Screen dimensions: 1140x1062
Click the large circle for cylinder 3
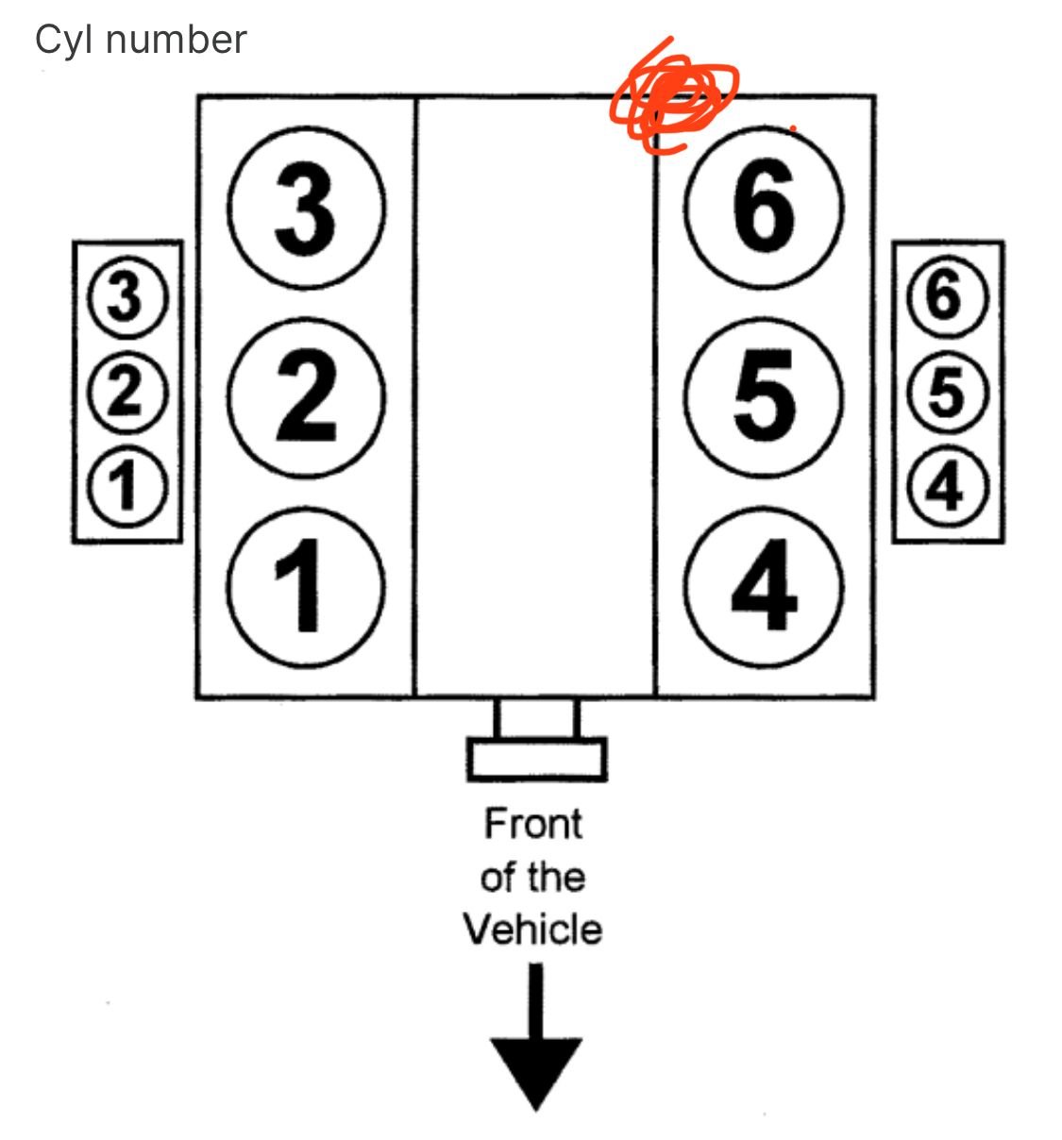coord(307,208)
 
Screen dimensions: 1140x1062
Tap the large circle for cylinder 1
coord(307,585)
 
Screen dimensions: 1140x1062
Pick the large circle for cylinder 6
coord(764,208)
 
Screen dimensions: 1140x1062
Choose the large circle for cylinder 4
coord(764,585)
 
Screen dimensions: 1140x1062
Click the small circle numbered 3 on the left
coord(126,298)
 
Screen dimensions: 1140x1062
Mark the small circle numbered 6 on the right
coord(947,298)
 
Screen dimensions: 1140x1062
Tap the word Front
coord(533,824)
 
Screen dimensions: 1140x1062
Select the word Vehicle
coord(532,930)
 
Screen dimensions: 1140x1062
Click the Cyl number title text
coord(141,40)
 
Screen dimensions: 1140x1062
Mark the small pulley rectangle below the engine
coord(536,759)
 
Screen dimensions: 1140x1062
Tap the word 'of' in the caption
coord(497,877)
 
